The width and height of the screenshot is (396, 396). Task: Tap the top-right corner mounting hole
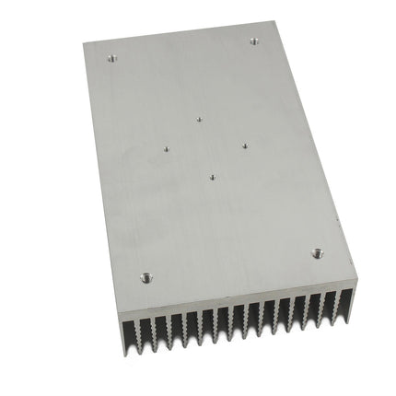pyautogui.click(x=254, y=40)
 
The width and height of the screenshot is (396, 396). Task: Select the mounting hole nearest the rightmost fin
pyautogui.click(x=317, y=251)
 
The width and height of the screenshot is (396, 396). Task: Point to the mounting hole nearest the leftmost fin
pyautogui.click(x=146, y=275)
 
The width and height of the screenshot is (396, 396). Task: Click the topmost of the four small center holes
pyautogui.click(x=199, y=118)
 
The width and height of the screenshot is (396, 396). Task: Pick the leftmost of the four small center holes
pyautogui.click(x=166, y=146)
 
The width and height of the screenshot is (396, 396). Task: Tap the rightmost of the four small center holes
pyautogui.click(x=245, y=144)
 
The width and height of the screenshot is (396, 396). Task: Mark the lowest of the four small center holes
pyautogui.click(x=212, y=177)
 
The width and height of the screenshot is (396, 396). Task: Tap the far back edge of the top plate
pyautogui.click(x=180, y=31)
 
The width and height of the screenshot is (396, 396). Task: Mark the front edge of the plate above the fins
pyautogui.click(x=239, y=294)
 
